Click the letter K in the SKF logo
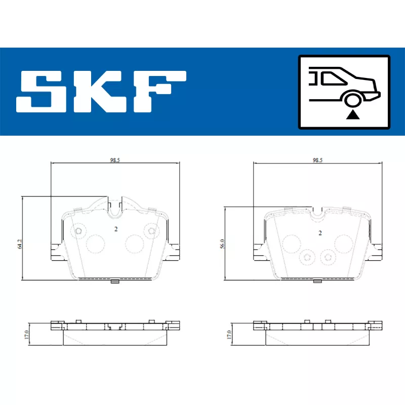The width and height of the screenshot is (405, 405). click(100, 92)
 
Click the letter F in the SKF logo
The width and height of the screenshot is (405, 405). click(159, 92)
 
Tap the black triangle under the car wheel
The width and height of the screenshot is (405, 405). click(353, 115)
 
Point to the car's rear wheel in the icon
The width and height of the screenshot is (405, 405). click(353, 100)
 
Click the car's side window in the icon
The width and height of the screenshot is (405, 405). click(334, 78)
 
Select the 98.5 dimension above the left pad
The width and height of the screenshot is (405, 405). click(115, 160)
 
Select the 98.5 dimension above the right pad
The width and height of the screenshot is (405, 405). click(317, 160)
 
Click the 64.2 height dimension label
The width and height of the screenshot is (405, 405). click(20, 244)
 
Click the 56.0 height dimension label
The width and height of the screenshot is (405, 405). click(222, 244)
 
